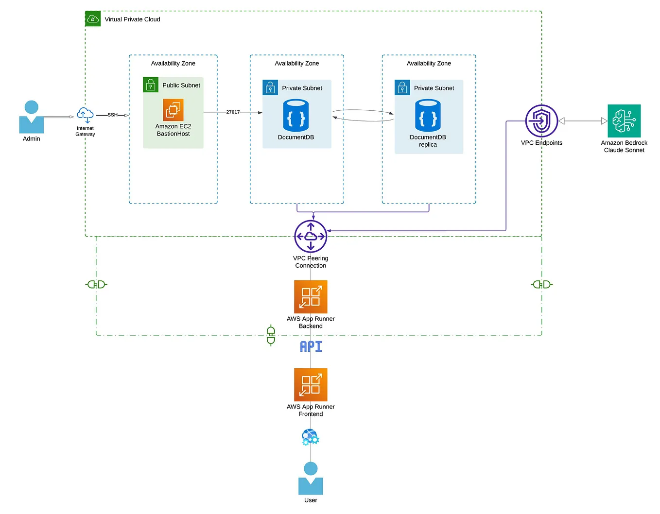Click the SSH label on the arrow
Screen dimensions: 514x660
[x=112, y=115]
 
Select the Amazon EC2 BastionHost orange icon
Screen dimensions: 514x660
[x=173, y=110]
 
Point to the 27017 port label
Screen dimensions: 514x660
[x=233, y=112]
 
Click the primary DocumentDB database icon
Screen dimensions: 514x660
[x=296, y=116]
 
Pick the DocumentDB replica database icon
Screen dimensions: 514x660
[x=428, y=116]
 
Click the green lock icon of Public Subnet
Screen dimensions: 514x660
[x=151, y=85]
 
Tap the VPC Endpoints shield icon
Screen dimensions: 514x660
[x=541, y=121]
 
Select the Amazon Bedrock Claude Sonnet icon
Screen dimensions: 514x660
[x=624, y=121]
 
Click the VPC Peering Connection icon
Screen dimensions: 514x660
[x=311, y=237]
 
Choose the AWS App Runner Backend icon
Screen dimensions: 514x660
[x=311, y=297]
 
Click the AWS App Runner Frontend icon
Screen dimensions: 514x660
[x=311, y=385]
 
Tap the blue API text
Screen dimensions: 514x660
[x=311, y=346]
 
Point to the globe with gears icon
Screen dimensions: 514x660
[x=310, y=437]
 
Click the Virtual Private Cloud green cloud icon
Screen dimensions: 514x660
[x=93, y=19]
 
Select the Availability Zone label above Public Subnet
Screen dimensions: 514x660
[x=173, y=64]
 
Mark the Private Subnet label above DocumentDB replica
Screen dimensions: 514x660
[x=434, y=88]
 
